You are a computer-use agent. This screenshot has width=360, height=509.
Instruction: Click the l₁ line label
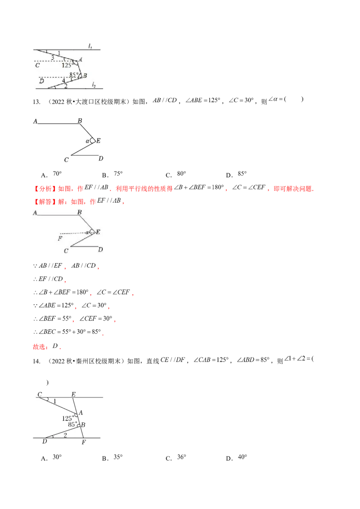[x=90, y=46]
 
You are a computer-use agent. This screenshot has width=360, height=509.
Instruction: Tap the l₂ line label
[x=94, y=84]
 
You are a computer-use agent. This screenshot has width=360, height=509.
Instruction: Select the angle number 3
[x=53, y=58]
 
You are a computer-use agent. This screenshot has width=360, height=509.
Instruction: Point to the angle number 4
[x=63, y=80]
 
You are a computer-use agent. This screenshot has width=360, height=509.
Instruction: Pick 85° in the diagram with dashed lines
[x=74, y=75]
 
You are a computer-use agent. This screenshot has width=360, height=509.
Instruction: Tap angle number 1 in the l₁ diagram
[x=59, y=54]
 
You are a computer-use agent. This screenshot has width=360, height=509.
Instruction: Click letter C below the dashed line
[x=37, y=66]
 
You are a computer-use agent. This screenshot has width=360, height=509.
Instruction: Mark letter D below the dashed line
[x=41, y=81]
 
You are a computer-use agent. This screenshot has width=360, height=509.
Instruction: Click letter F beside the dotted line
[x=60, y=238]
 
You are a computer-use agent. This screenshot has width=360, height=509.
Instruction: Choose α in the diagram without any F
[x=88, y=141]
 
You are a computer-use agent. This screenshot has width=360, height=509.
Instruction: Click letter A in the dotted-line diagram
[x=35, y=213]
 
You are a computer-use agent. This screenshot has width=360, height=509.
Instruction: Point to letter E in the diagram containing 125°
[x=73, y=394]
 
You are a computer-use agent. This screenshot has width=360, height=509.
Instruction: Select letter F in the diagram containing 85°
[x=84, y=442]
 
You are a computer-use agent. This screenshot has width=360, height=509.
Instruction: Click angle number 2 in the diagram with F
[x=65, y=435]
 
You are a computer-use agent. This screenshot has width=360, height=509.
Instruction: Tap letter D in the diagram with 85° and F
[x=45, y=442]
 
